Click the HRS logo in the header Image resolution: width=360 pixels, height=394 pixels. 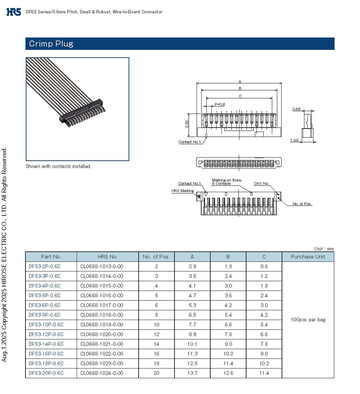pyautogui.click(x=14, y=12)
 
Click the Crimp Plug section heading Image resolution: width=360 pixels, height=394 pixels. pyautogui.click(x=51, y=44)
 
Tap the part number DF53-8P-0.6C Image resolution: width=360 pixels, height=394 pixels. pyautogui.click(x=45, y=315)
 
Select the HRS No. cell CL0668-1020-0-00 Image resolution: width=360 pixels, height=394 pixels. pyautogui.click(x=102, y=334)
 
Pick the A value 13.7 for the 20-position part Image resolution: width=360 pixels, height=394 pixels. pyautogui.click(x=192, y=373)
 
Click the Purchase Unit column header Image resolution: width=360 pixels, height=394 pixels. pyautogui.click(x=308, y=257)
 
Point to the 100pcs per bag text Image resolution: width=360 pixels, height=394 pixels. pyautogui.click(x=308, y=320)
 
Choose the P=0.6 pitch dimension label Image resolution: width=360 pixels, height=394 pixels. pyautogui.click(x=220, y=104)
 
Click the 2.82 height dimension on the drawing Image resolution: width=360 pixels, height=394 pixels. pyautogui.click(x=187, y=124)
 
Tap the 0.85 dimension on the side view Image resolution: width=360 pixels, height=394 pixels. pyautogui.click(x=296, y=109)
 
